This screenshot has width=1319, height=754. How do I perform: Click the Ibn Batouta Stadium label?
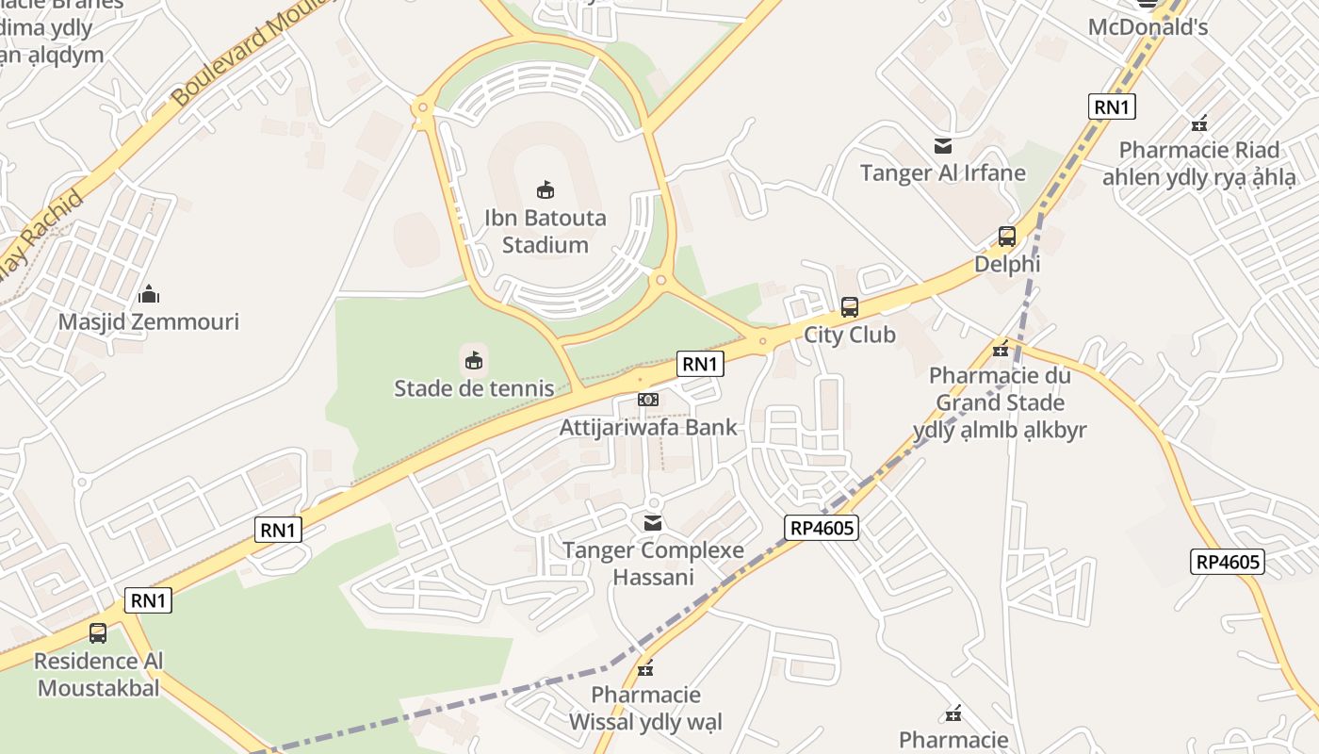click(x=545, y=231)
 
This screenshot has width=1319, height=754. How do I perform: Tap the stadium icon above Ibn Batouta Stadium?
click(x=545, y=189)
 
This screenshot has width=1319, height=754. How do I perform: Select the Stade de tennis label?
click(x=474, y=387)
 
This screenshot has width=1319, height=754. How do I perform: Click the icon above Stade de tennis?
click(x=474, y=360)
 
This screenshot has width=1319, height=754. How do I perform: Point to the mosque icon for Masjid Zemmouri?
click(x=149, y=295)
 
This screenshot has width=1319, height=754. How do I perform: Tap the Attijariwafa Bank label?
click(x=648, y=427)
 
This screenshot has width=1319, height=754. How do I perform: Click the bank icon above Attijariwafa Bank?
click(x=648, y=400)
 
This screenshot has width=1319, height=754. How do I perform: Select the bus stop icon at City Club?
click(x=850, y=307)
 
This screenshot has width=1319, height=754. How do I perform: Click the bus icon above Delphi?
click(x=1007, y=237)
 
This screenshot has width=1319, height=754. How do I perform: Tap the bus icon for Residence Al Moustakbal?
click(x=98, y=633)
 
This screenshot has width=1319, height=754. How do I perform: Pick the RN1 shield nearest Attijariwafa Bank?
click(x=700, y=364)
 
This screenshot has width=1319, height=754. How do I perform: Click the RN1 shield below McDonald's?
click(x=1112, y=107)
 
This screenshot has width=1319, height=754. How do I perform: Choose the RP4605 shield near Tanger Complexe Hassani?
click(x=822, y=527)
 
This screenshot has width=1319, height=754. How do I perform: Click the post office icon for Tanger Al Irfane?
click(x=943, y=146)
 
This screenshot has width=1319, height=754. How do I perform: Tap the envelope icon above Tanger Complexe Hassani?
click(x=652, y=522)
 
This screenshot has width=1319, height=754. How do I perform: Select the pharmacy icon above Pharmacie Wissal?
click(x=645, y=669)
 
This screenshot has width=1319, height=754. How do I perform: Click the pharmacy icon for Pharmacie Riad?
click(x=1199, y=123)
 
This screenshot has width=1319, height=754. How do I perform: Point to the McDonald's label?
click(x=1148, y=26)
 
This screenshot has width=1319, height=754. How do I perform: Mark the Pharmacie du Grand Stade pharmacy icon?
click(x=1001, y=349)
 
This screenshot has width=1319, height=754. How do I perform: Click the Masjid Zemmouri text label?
click(x=149, y=321)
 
